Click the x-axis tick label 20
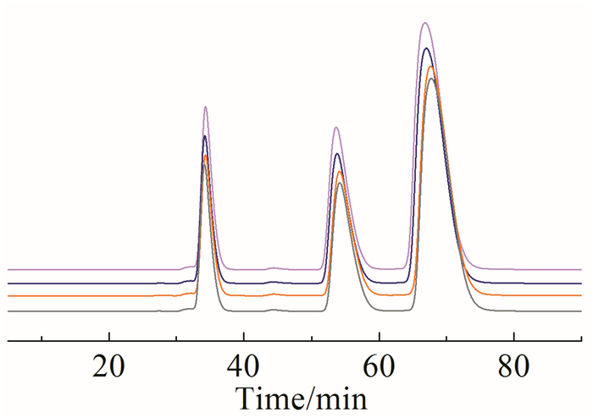108,367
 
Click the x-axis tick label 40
244,367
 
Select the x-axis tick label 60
379,367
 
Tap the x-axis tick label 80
513,367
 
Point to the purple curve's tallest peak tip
428,24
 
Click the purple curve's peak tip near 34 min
205,107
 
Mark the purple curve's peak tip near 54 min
336,128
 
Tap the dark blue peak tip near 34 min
204,136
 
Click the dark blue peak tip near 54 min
337,154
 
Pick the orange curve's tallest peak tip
431,67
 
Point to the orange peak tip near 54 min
340,172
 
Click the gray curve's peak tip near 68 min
432,79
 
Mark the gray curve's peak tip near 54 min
341,183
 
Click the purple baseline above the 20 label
108,270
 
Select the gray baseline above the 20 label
108,311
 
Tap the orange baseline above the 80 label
513,296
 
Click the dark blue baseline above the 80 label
513,283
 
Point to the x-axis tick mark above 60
379,338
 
